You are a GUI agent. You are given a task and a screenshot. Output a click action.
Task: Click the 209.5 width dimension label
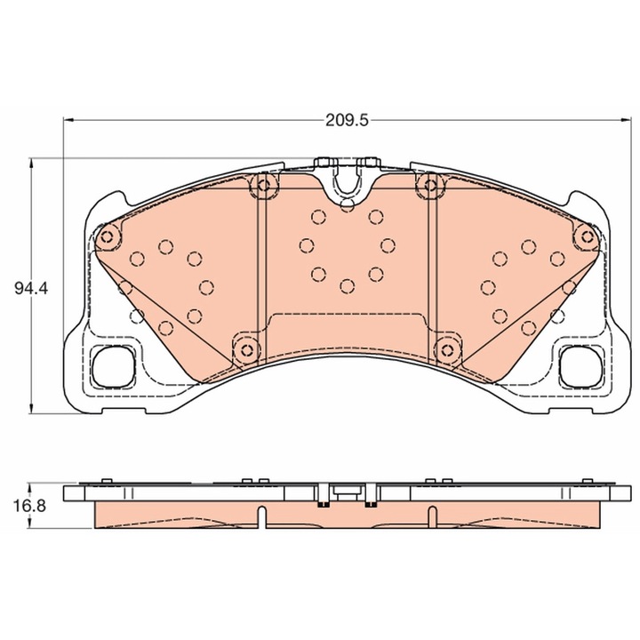tap(347, 121)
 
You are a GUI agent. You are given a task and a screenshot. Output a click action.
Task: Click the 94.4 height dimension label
tap(31, 289)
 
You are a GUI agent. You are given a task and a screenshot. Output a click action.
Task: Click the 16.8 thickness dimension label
tap(30, 506)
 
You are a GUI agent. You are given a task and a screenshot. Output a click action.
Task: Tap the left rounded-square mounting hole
tap(114, 366)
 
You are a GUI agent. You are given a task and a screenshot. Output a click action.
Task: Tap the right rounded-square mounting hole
tap(580, 366)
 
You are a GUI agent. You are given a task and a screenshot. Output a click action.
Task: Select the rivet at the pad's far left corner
tap(107, 236)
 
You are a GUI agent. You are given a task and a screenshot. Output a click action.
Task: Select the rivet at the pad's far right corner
tap(588, 236)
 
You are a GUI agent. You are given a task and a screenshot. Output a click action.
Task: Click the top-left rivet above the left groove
tap(264, 185)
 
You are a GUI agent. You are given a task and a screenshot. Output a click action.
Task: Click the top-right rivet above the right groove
tap(430, 185)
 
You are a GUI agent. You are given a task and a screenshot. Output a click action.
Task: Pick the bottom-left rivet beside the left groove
tap(246, 350)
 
